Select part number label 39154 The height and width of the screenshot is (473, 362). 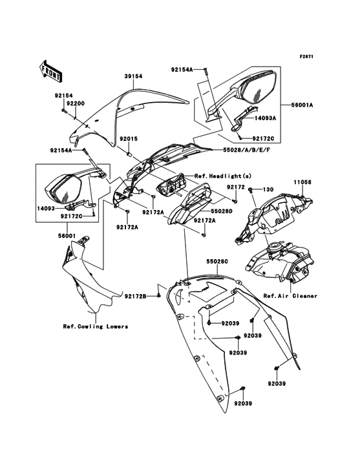pos(133,76)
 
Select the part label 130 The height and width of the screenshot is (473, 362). pos(268,189)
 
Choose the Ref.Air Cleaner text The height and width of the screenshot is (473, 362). pos(290,295)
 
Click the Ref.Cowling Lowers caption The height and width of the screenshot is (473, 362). pos(95,326)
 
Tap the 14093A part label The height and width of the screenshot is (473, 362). pos(282,118)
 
